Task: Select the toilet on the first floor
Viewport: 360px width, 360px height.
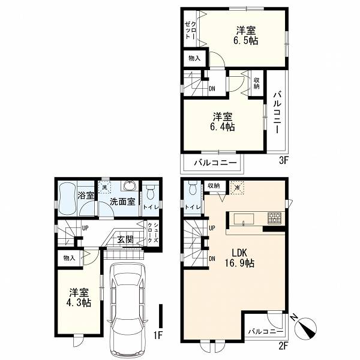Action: coord(151,191)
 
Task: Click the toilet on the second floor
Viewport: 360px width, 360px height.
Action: coord(193,188)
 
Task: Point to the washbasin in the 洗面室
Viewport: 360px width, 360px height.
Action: coord(130,186)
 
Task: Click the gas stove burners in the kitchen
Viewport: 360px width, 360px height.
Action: coord(274,218)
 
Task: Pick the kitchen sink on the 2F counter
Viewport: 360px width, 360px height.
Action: coord(244,219)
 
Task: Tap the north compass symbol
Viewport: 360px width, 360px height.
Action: coord(305,327)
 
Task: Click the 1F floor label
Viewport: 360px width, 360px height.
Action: coord(158,336)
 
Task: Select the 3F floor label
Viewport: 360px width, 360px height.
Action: coord(283,160)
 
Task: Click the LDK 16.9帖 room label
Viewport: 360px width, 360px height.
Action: coord(241,258)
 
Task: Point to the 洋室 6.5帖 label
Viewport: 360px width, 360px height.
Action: coord(245,35)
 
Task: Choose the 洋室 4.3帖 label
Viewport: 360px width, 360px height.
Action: coord(79,298)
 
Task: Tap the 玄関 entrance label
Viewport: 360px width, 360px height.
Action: coord(125,239)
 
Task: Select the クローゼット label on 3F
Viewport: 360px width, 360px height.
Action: coord(191,30)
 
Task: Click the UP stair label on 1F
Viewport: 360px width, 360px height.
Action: coord(85,229)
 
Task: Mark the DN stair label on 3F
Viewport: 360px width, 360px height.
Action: coord(212,89)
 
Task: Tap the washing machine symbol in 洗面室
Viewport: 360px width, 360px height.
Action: coord(104,187)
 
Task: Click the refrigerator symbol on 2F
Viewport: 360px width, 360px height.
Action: coord(237,188)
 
